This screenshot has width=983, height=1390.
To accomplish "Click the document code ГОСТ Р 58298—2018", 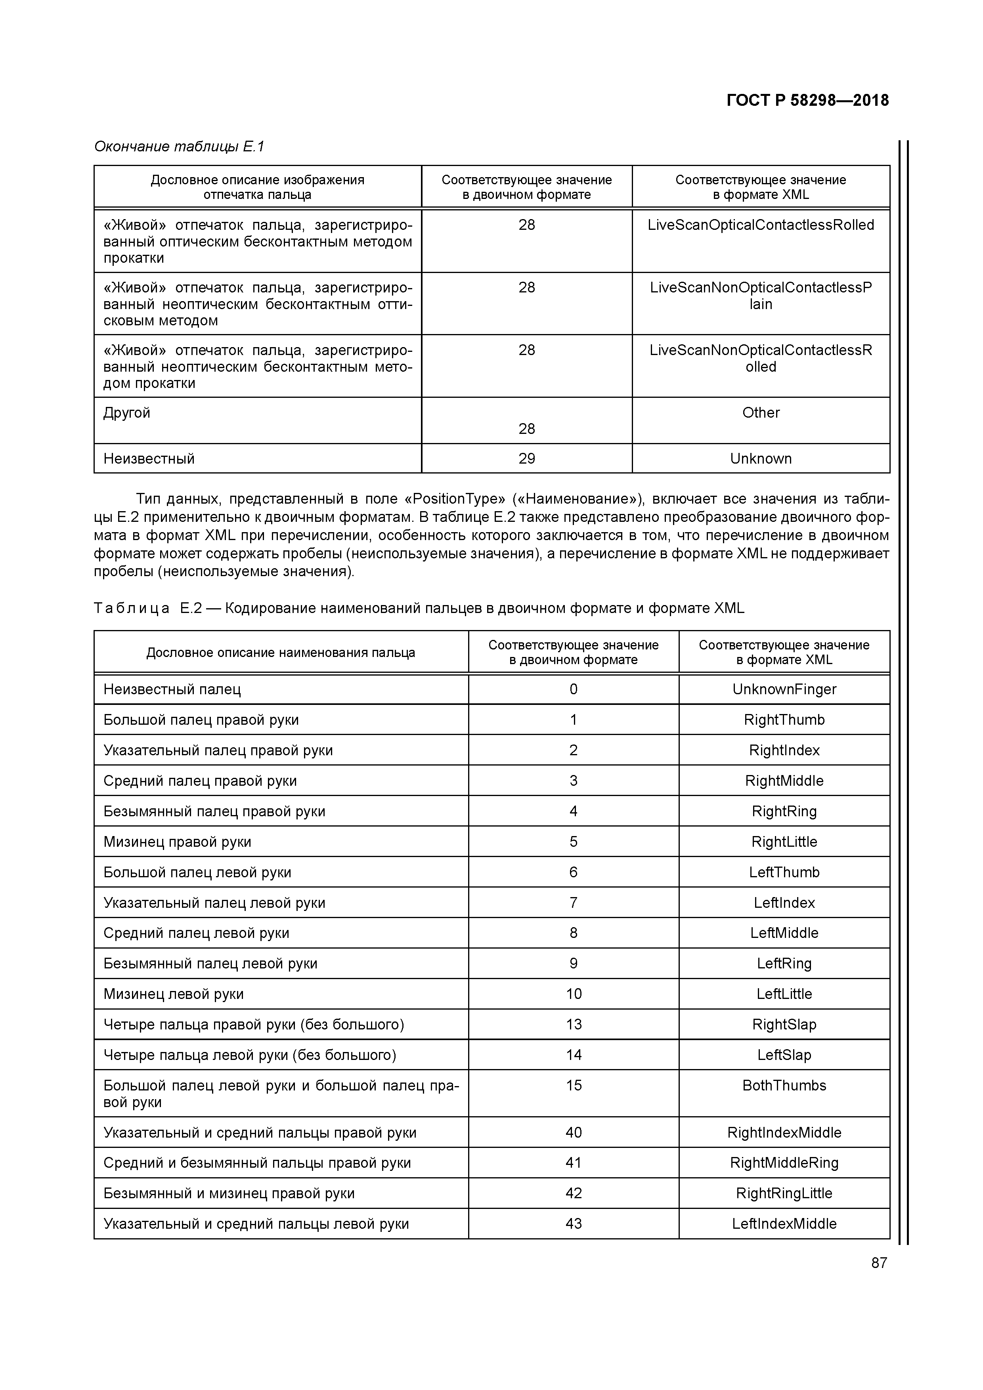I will pos(807,101).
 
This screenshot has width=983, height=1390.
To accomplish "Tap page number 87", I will pos(879,1263).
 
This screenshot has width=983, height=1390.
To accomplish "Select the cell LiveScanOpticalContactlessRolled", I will pos(761,225).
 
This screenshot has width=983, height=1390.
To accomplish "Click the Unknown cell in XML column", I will pos(761,459).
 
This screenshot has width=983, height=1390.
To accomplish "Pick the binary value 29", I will pos(526,459).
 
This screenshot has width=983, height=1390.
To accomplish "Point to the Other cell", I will pos(761,413).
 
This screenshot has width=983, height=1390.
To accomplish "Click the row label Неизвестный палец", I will pos(172,689).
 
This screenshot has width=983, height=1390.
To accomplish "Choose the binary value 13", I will pos(573,1024).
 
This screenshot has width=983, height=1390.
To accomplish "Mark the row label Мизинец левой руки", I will pos(174,994).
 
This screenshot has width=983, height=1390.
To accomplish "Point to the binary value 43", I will pos(573,1224).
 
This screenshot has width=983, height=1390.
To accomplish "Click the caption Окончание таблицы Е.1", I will pos(179,147).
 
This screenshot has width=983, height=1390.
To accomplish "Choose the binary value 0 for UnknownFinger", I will pos(573,689).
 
